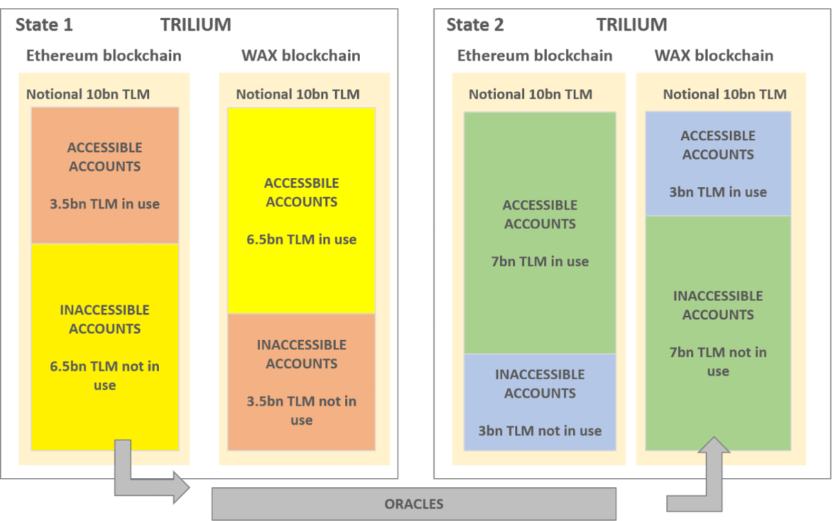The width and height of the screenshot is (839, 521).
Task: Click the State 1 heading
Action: [x=44, y=25]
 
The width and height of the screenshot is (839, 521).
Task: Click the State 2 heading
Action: [x=475, y=25]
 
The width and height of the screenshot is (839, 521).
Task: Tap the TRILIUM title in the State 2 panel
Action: [x=632, y=25]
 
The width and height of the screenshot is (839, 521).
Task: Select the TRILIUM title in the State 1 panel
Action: [x=196, y=25]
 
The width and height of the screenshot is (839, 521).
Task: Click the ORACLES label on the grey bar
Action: [x=414, y=504]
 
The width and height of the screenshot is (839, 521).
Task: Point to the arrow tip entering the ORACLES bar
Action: [x=189, y=487]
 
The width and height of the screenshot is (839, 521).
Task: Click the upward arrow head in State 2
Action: [x=714, y=445]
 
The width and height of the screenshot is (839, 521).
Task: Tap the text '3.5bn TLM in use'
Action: [x=105, y=204]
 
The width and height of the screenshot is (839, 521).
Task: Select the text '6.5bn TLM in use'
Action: [x=302, y=240]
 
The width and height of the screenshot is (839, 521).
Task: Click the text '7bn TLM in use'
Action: [x=540, y=262]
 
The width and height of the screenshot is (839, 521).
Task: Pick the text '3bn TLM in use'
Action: [x=718, y=192]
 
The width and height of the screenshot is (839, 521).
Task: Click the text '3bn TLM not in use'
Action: [x=540, y=431]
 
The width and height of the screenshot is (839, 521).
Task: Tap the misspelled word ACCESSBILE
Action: [x=302, y=183]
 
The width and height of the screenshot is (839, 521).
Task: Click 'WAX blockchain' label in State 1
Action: [x=301, y=55]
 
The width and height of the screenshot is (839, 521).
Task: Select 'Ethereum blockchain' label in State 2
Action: [x=535, y=55]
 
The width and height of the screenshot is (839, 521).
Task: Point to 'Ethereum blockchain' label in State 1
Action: [x=104, y=55]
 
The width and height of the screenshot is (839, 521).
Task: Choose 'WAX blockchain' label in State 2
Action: [x=714, y=55]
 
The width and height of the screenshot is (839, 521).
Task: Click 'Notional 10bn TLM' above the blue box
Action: [x=725, y=94]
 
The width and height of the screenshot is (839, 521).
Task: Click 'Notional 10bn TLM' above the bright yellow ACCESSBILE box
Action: [x=298, y=94]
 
